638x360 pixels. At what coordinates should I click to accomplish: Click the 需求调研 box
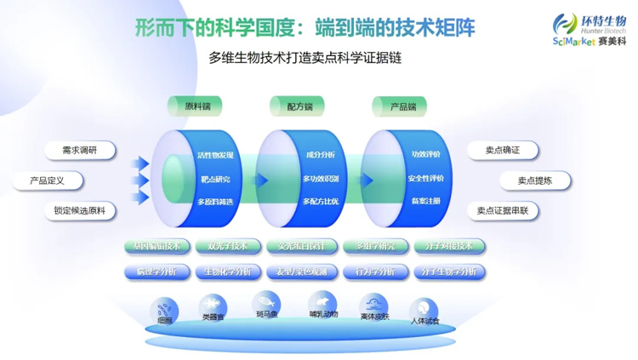(79, 151)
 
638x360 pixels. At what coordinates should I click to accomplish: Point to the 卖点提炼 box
(536, 181)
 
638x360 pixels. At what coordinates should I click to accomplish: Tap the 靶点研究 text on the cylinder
(214, 180)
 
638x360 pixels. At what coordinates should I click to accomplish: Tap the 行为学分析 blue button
(375, 272)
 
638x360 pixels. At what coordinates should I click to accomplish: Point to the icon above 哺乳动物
(322, 303)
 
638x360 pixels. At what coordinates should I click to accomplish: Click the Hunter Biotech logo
(588, 30)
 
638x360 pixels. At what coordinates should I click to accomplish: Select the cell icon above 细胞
(165, 307)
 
